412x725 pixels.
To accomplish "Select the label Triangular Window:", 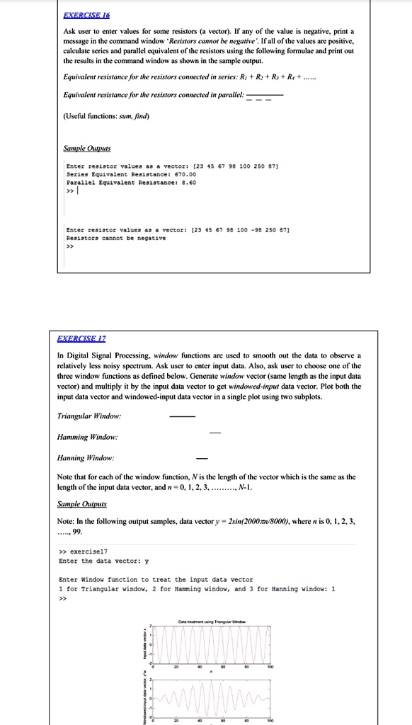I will click(88, 416).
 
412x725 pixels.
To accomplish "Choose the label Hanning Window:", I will click(86, 459).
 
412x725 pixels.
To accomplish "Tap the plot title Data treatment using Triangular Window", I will click(210, 620).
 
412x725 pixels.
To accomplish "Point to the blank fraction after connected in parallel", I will click(265, 96).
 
